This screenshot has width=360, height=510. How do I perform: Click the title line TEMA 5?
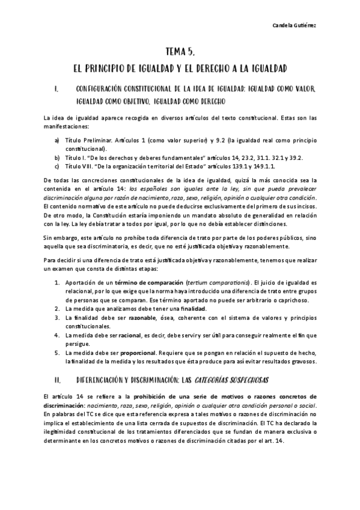pyautogui.click(x=180, y=52)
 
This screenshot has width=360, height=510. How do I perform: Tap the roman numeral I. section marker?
pyautogui.click(x=56, y=90)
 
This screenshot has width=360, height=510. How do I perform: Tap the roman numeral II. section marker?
pyautogui.click(x=57, y=380)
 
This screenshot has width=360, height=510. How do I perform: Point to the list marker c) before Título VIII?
pyautogui.click(x=57, y=166)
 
